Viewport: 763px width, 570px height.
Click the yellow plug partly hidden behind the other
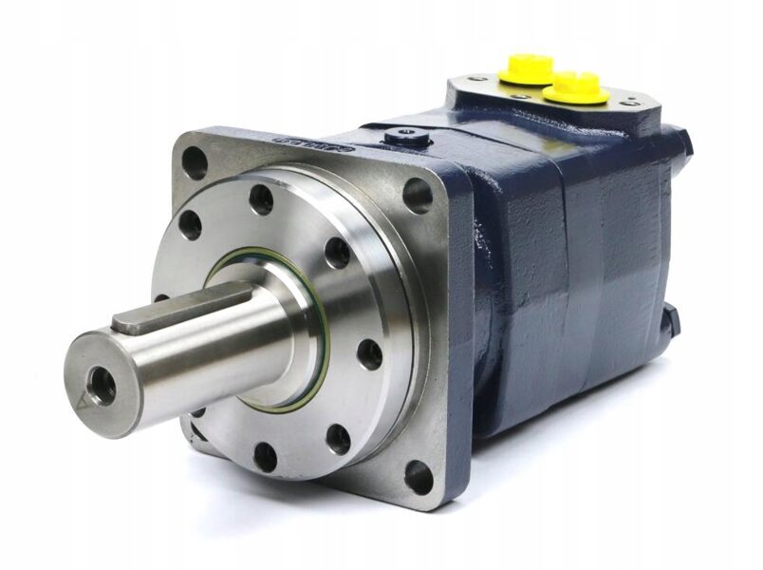pos(527,67)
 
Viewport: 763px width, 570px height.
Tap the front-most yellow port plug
pos(576,85)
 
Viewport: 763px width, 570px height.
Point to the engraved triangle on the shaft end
pos(82,401)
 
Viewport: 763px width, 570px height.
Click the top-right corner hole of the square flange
pos(417,195)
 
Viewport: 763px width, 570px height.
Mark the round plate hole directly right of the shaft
pos(368,355)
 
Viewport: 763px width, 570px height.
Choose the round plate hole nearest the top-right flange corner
pos(337,253)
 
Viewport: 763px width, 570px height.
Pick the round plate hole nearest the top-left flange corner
pos(190,225)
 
